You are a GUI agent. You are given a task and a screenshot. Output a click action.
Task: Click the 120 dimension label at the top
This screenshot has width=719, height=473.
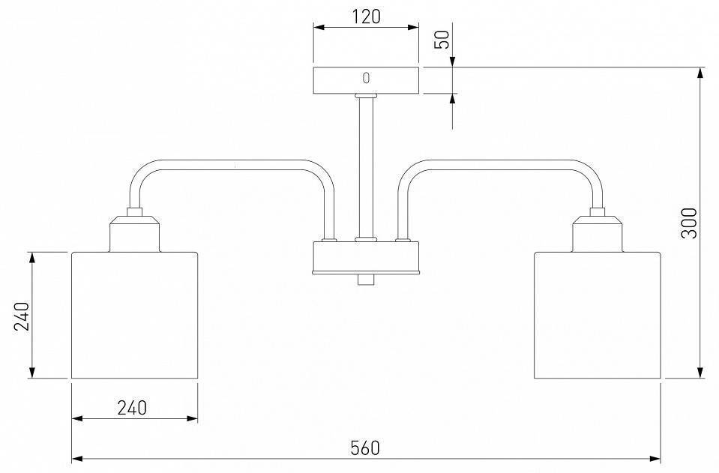pyautogui.click(x=367, y=16)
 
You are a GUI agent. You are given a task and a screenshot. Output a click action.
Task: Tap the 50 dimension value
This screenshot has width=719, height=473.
pyautogui.click(x=443, y=40)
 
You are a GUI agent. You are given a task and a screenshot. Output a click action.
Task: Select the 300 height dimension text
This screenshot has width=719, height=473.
pyautogui.click(x=689, y=223)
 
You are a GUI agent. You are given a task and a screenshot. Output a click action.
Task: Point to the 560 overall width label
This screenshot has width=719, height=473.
pyautogui.click(x=365, y=448)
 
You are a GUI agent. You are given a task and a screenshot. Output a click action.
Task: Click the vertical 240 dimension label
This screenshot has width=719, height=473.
pyautogui.click(x=22, y=316)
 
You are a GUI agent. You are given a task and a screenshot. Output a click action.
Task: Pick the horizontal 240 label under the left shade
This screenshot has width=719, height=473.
pyautogui.click(x=132, y=408)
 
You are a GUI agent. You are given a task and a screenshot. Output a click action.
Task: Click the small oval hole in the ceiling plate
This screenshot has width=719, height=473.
pyautogui.click(x=366, y=78)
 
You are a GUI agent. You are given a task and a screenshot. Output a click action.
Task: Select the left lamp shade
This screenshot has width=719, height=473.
pyautogui.click(x=135, y=316)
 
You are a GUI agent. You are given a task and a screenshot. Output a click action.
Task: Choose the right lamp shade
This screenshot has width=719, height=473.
pyautogui.click(x=598, y=316)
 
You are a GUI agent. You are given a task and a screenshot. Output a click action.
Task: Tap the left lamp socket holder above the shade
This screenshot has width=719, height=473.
pyautogui.click(x=135, y=234)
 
